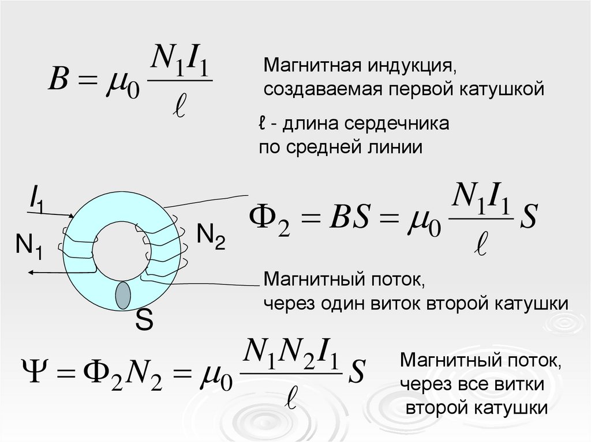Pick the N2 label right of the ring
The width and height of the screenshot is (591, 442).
tap(211, 236)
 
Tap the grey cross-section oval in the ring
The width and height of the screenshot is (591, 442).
tap(123, 296)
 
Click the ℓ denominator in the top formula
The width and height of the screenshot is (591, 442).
tap(181, 108)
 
